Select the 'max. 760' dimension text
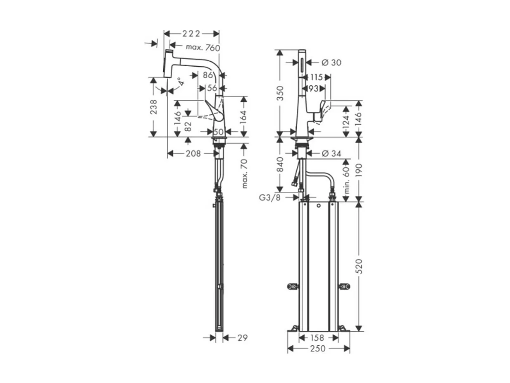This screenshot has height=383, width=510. coord(203,48)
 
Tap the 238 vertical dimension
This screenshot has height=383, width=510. coord(154,107)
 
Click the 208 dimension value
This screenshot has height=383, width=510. coord(193,154)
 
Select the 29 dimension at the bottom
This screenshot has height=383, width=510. coord(243,338)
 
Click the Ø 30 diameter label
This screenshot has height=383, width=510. coord(331,63)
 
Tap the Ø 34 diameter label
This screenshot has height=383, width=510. coord(331,154)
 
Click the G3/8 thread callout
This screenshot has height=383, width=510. coord(270,198)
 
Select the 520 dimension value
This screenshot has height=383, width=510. coord(359,266)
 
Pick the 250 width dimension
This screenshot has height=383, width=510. coord(318,349)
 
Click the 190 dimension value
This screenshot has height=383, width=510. coord(359,170)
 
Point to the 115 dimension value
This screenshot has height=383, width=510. coord(316,77)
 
